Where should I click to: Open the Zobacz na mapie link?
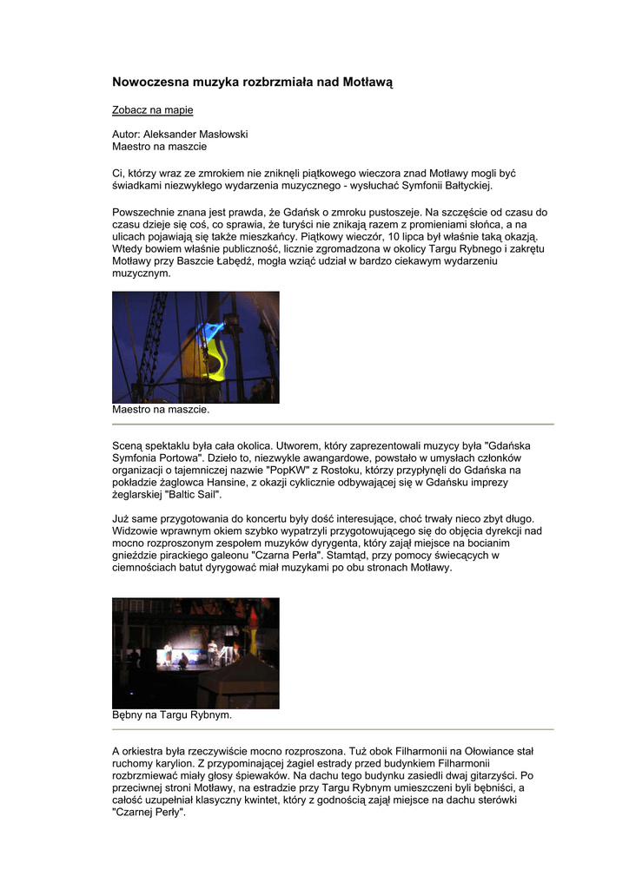pos(152,110)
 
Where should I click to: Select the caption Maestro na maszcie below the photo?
pos(161,409)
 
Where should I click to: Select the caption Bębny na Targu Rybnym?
pos(172,716)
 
